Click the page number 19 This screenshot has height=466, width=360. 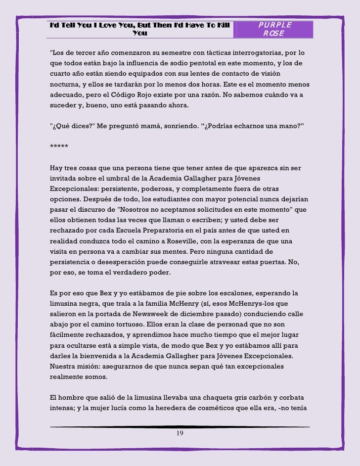(x=180, y=433)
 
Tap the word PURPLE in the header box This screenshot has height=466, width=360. (x=275, y=25)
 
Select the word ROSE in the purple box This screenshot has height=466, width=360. (x=273, y=34)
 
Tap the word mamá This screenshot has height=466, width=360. (x=130, y=126)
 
